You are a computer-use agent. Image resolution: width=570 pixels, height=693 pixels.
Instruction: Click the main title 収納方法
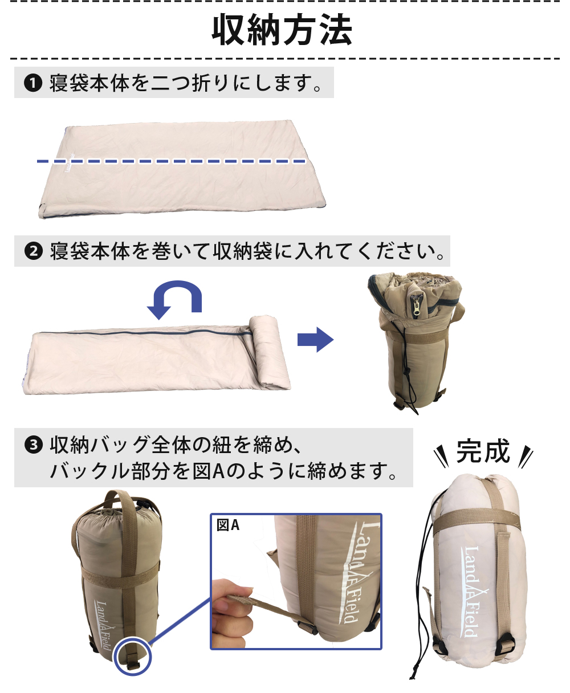[282, 30]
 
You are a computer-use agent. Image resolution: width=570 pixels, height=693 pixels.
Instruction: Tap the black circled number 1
[33, 83]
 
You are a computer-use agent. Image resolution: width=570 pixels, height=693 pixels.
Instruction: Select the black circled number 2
[34, 251]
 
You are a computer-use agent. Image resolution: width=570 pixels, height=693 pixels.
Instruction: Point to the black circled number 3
[34, 445]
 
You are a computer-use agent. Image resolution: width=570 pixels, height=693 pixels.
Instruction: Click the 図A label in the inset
[228, 525]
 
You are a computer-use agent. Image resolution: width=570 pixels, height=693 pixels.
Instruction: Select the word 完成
[483, 451]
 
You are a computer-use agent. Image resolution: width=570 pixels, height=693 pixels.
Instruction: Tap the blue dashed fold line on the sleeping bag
[171, 161]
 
